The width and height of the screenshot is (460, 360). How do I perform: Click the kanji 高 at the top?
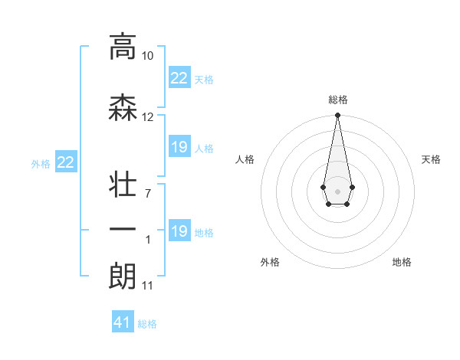click(123, 47)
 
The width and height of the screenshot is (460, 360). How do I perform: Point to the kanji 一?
click(123, 230)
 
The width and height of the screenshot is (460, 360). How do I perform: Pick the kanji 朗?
click(123, 276)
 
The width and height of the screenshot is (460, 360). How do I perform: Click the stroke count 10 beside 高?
click(148, 56)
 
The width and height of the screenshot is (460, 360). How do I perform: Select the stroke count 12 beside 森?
click(148, 117)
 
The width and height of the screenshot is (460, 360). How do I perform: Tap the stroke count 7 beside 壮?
click(148, 193)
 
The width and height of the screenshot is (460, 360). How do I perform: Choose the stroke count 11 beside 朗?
click(147, 286)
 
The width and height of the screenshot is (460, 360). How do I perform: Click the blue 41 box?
click(123, 322)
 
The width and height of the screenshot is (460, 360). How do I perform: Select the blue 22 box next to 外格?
click(66, 162)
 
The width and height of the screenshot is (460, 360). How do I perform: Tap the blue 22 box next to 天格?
click(179, 78)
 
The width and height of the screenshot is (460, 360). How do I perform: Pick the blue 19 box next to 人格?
click(179, 147)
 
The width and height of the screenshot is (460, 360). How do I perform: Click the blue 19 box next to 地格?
click(179, 231)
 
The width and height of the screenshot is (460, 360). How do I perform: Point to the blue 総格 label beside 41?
click(147, 324)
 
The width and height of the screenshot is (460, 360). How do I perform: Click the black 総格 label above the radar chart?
click(337, 100)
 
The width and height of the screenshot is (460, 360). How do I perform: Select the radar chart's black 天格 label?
click(431, 159)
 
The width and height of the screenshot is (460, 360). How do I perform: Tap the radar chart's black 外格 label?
click(270, 262)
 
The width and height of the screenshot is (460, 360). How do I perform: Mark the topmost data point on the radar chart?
click(337, 116)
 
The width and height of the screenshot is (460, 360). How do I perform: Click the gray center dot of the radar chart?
click(337, 190)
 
